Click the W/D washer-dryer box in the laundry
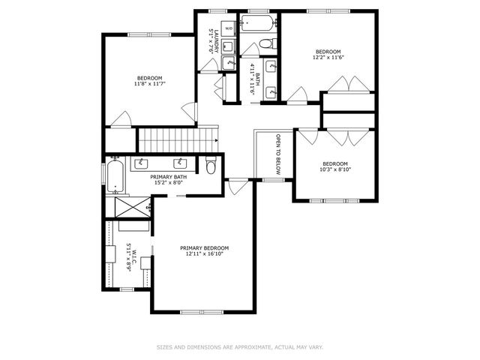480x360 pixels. (229, 26)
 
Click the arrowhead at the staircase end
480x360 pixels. (217, 139)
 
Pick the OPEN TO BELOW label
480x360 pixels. (277, 155)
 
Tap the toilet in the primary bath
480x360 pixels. (211, 166)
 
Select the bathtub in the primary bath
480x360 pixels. (115, 176)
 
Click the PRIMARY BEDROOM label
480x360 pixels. (204, 247)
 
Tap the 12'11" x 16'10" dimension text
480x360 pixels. (204, 253)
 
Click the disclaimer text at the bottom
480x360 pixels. (239, 347)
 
